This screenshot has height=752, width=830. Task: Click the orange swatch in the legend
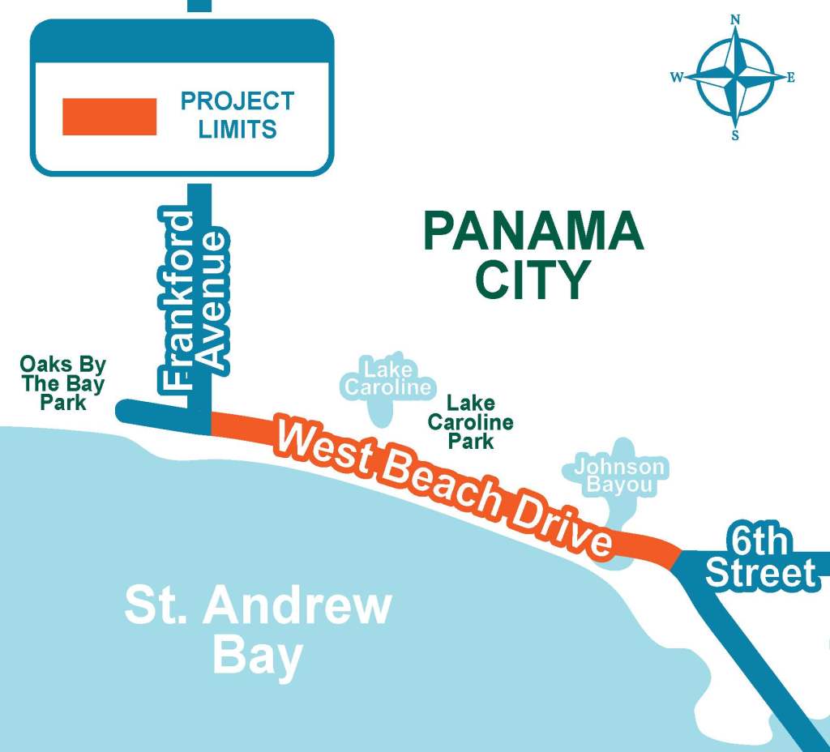pyautogui.click(x=109, y=117)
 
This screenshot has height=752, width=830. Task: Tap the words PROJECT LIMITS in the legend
pyautogui.click(x=237, y=115)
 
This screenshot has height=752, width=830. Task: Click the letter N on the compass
pyautogui.click(x=736, y=19)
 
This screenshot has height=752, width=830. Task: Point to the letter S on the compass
pyautogui.click(x=735, y=135)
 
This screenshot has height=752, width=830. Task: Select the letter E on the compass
pyautogui.click(x=791, y=78)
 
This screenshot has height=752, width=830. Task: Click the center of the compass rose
pyautogui.click(x=735, y=78)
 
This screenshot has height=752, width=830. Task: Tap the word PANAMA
pyautogui.click(x=533, y=233)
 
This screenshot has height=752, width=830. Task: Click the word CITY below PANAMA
pyautogui.click(x=532, y=280)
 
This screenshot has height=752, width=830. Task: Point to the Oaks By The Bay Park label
pyautogui.click(x=62, y=383)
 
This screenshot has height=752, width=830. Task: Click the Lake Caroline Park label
pyautogui.click(x=471, y=421)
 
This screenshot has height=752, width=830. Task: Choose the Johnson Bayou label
pyautogui.click(x=619, y=476)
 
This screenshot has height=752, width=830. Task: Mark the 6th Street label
pyautogui.click(x=760, y=559)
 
